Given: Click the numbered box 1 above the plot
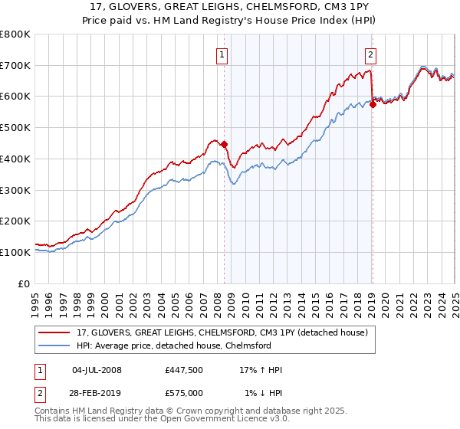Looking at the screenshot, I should point(222,54).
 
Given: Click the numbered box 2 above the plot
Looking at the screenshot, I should point(370,54).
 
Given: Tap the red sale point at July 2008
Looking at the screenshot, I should point(225,144).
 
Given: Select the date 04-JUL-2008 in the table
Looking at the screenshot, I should point(97,370).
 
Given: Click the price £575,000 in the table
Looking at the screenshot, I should point(183,393).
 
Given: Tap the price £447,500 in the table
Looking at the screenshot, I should point(183,370).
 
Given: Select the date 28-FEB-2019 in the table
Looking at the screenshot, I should point(97,393).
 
